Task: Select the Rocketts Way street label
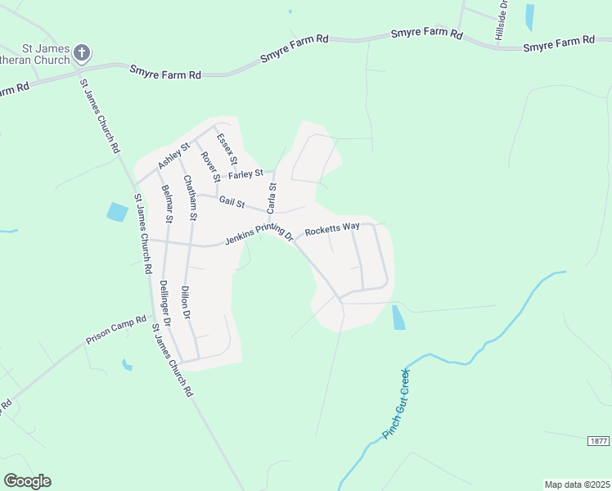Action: (x=332, y=229)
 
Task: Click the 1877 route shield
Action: (x=598, y=440)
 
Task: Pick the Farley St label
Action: (x=245, y=173)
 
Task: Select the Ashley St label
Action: (x=173, y=155)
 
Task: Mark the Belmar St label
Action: (x=168, y=204)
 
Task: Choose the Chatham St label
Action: (x=191, y=198)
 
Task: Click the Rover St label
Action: (x=210, y=166)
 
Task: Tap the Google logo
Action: (x=27, y=480)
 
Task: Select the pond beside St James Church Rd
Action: (x=117, y=212)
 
